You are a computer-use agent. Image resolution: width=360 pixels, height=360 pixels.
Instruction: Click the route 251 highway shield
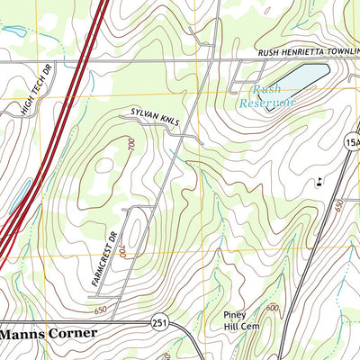pos(159,321)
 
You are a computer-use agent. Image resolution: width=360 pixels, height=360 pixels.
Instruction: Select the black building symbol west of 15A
pos(319,184)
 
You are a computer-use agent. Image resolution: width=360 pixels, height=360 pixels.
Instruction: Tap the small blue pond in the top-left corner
pos(13,31)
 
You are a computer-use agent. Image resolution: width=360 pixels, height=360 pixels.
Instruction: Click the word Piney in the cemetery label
pos(235,315)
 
